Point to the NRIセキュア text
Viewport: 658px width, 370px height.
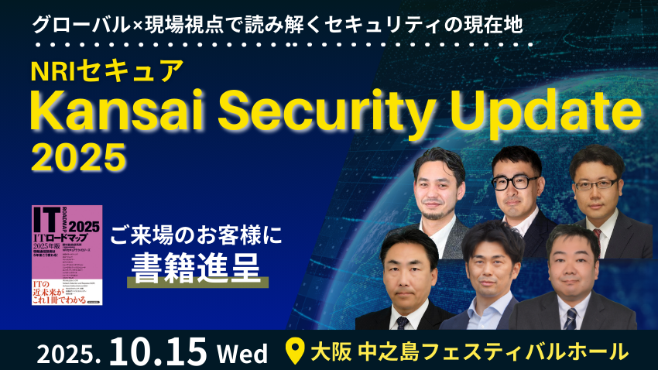coord(106,70)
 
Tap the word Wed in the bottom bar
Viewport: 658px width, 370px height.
coord(242,353)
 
